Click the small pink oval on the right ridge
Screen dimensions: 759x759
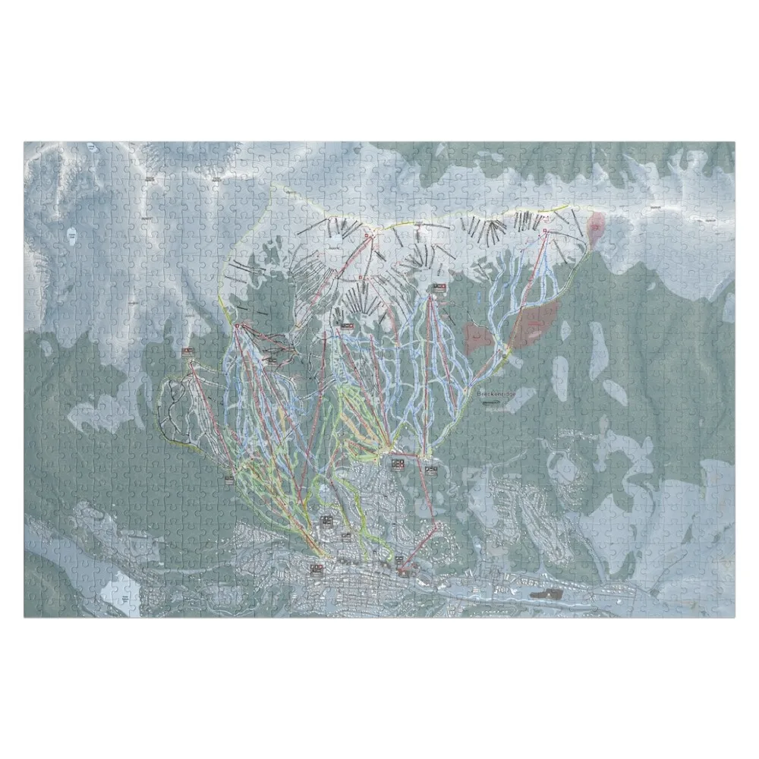click(x=597, y=224)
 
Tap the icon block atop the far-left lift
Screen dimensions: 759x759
click(x=187, y=351)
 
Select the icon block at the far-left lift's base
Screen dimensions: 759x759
click(x=229, y=477)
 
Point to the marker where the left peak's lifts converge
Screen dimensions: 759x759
click(x=238, y=326)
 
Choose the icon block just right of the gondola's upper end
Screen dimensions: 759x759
click(x=431, y=470)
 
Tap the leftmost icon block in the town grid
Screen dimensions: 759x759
click(x=315, y=568)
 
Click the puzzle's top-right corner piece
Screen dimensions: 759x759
click(x=725, y=151)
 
